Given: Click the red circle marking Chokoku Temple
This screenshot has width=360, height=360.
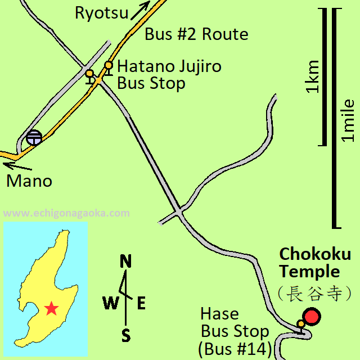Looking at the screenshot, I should (x=311, y=317).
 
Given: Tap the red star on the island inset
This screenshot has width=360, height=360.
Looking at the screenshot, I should (x=51, y=308).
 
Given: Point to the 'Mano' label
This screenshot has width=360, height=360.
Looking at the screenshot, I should (x=29, y=181).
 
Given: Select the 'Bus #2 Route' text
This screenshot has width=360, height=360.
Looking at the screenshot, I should (x=196, y=34).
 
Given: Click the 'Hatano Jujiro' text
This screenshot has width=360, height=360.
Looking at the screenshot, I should (x=169, y=66).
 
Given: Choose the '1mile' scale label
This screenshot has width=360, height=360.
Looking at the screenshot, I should (x=349, y=120).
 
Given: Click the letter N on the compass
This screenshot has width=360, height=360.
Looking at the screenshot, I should (x=126, y=262).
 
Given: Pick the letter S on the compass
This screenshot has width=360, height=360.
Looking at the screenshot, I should (x=127, y=336).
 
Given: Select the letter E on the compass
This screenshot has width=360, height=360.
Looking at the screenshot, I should (x=141, y=304).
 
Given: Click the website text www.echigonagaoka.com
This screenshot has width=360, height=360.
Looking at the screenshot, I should (x=66, y=213).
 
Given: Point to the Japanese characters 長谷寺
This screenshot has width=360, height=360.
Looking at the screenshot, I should (x=314, y=293).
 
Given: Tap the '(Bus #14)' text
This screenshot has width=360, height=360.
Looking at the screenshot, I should (x=235, y=349).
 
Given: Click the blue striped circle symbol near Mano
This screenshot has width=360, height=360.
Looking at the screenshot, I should (x=34, y=137).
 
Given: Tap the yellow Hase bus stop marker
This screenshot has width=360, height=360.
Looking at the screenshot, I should (x=301, y=324).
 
